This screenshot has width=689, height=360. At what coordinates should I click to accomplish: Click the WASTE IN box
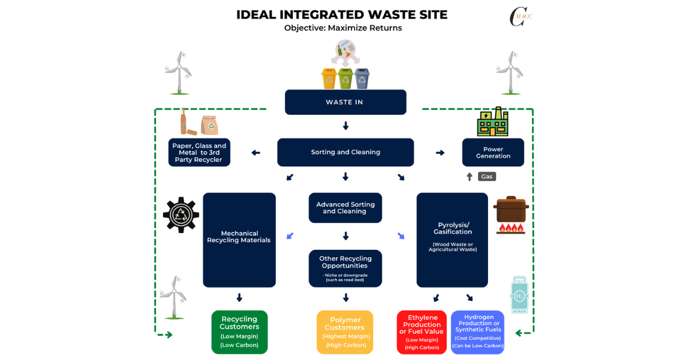tap(345, 102)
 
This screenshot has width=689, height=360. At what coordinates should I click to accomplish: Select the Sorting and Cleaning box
tap(345, 152)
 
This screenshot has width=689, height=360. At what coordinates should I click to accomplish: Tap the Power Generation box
tap(493, 153)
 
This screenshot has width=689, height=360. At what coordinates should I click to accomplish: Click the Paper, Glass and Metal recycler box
tap(199, 153)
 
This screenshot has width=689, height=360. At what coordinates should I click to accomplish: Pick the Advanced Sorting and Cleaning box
tap(345, 208)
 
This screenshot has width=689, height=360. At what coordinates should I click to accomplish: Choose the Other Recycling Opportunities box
tap(345, 268)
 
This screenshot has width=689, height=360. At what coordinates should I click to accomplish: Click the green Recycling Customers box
tap(239, 332)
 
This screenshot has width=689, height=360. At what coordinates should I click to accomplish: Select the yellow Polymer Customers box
tap(345, 332)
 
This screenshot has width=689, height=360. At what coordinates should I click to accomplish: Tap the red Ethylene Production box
tap(422, 332)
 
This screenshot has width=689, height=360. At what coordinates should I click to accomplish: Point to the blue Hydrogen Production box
tap(478, 332)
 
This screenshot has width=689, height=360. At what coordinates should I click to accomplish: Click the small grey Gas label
tap(487, 176)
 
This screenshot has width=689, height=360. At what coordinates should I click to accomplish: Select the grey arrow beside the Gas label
tap(470, 176)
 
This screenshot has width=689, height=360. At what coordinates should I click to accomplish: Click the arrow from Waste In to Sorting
tap(345, 126)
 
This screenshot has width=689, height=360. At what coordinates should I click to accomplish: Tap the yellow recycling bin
tap(328, 78)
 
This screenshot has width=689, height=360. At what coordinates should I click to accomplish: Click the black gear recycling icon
tap(181, 215)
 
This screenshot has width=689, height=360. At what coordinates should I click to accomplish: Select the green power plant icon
tap(493, 122)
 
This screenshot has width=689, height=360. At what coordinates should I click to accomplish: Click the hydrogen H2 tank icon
tap(519, 295)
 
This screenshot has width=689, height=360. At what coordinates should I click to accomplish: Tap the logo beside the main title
tap(520, 16)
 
